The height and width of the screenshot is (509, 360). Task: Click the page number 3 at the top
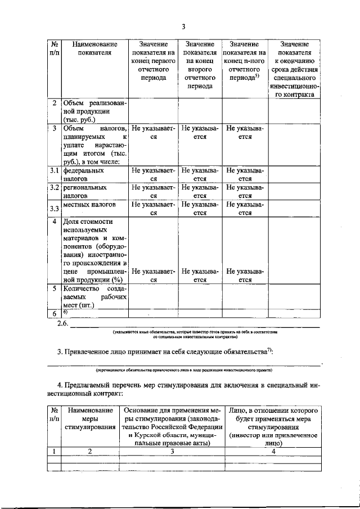pyautogui.click(x=183, y=26)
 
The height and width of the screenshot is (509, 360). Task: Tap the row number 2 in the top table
pyautogui.click(x=54, y=103)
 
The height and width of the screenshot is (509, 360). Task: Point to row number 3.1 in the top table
pyautogui.click(x=54, y=169)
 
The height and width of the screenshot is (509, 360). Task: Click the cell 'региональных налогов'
pyautogui.click(x=84, y=191)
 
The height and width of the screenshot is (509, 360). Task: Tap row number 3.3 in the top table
pyautogui.click(x=54, y=209)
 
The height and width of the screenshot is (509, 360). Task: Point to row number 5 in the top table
pyautogui.click(x=54, y=288)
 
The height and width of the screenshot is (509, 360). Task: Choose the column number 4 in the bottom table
pyautogui.click(x=273, y=451)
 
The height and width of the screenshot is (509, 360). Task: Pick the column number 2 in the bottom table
pyautogui.click(x=90, y=451)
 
